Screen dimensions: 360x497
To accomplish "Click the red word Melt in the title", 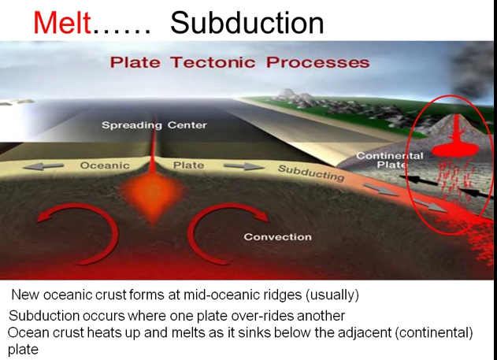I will [x=62, y=23].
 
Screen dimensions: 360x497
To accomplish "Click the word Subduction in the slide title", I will [x=247, y=23].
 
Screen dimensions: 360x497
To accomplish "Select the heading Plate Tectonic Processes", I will [x=239, y=62].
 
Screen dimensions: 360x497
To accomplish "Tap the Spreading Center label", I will [x=154, y=125].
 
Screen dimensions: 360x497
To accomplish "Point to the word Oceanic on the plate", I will [x=104, y=165].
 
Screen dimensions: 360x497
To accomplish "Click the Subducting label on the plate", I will [x=311, y=173].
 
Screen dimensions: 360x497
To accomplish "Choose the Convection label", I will [x=277, y=236].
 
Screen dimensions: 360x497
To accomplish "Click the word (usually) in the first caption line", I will [x=330, y=295].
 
